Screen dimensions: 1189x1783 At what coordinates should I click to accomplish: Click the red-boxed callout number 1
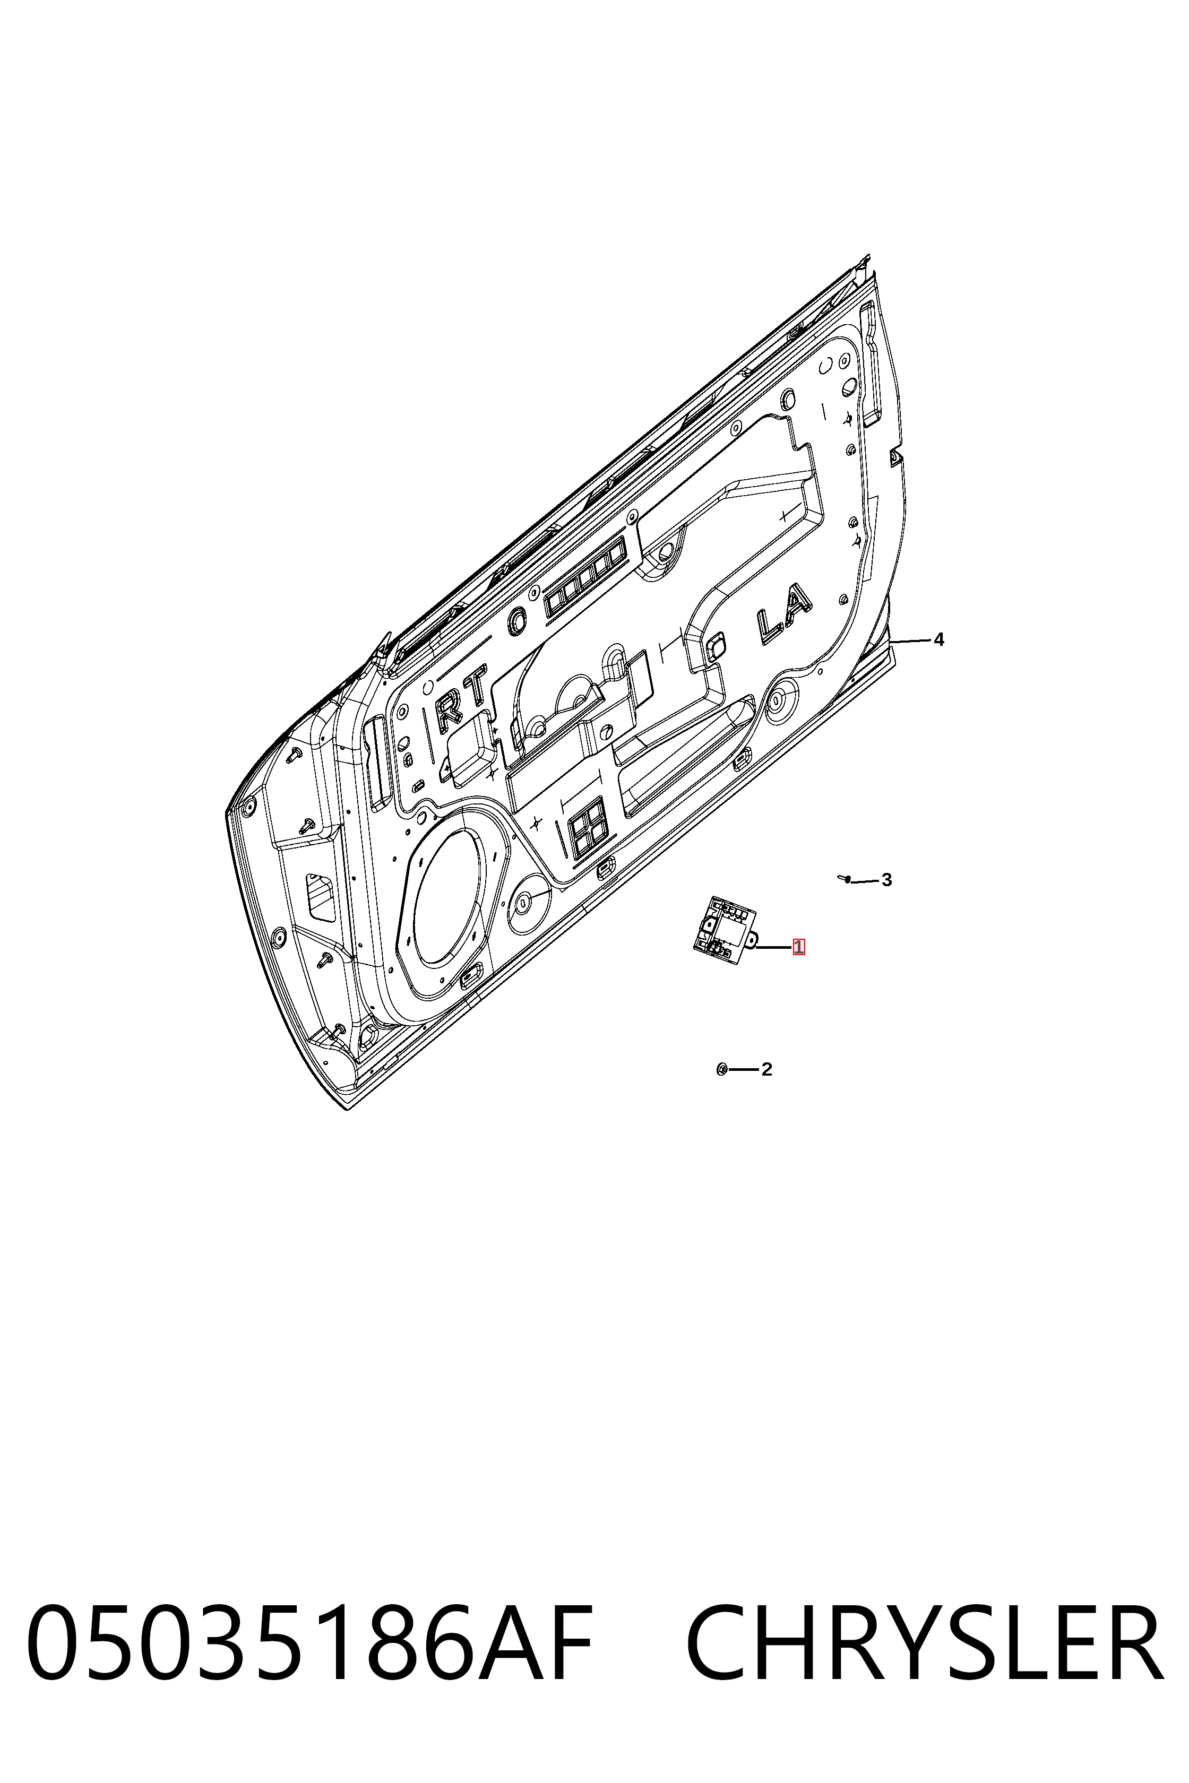pyautogui.click(x=798, y=947)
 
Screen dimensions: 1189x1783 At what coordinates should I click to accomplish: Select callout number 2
pyautogui.click(x=766, y=1070)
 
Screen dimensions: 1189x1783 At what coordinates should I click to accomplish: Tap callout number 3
pyautogui.click(x=886, y=880)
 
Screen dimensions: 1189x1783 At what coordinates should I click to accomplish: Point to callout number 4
pyautogui.click(x=939, y=640)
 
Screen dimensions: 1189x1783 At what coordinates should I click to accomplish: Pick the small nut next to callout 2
pyautogui.click(x=721, y=1070)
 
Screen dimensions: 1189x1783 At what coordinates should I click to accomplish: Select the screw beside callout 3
pyautogui.click(x=845, y=879)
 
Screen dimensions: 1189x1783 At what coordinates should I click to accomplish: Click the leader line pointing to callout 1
pyautogui.click(x=773, y=947)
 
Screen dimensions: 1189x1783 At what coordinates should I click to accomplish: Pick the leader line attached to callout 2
pyautogui.click(x=743, y=1070)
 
